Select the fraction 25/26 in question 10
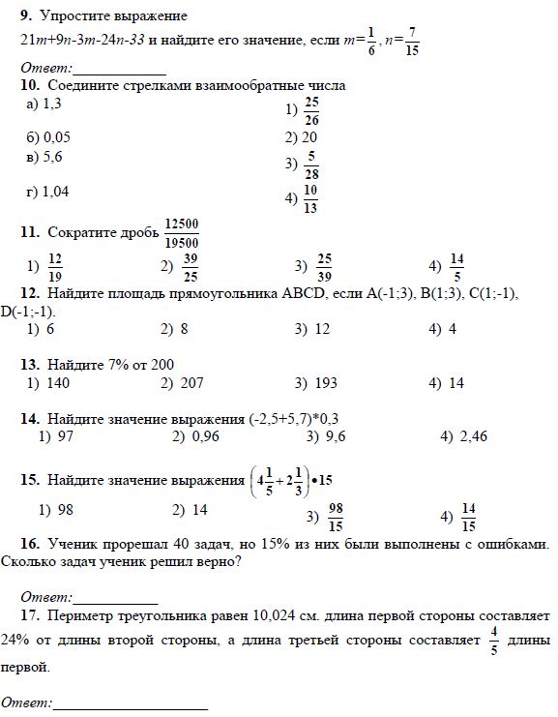(311, 110)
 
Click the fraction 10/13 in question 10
(311, 198)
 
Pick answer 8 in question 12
(183, 329)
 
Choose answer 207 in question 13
(191, 383)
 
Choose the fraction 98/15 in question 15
(337, 518)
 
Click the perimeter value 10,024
(280, 614)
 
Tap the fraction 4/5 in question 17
(492, 640)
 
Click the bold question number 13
(28, 365)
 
